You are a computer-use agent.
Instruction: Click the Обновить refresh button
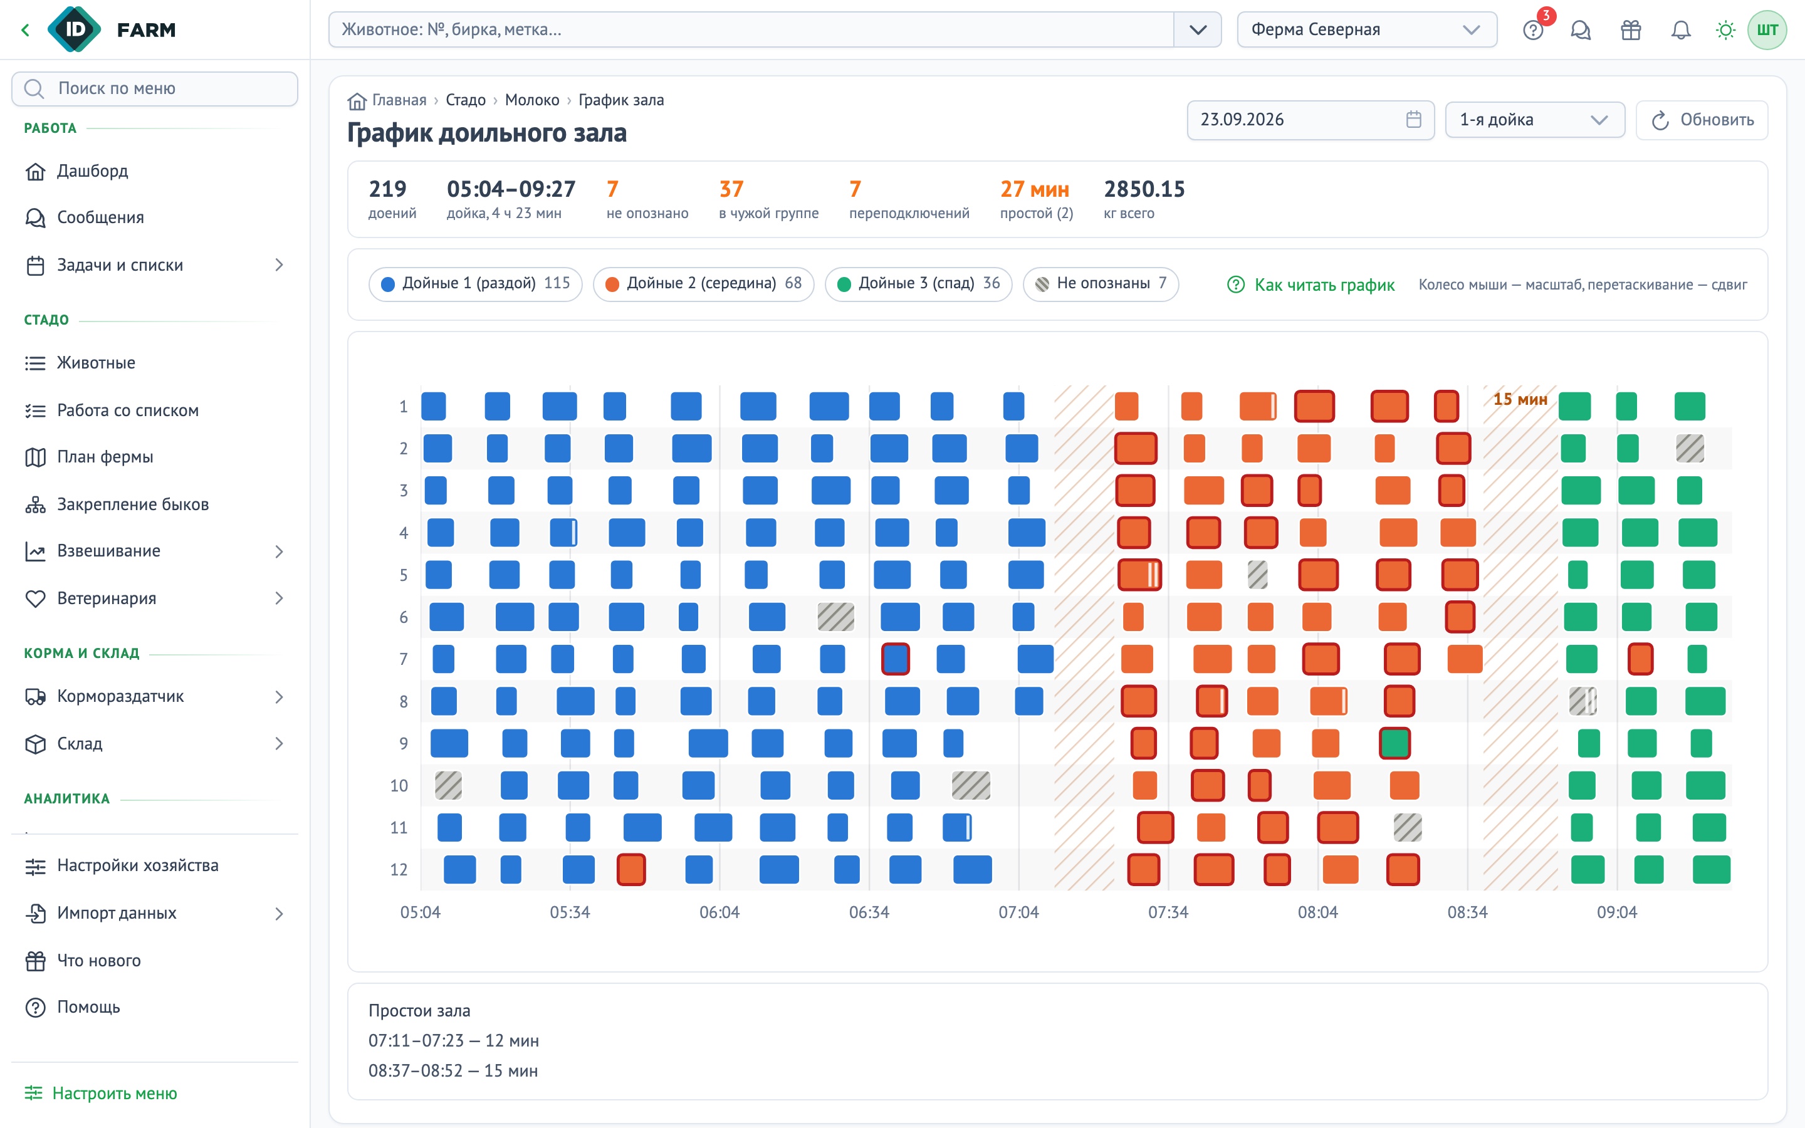point(1702,120)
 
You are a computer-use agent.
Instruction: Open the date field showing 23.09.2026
point(1310,120)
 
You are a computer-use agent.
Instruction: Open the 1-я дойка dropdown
point(1534,120)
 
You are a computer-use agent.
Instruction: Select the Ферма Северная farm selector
point(1366,30)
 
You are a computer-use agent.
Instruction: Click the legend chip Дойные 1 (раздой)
point(475,283)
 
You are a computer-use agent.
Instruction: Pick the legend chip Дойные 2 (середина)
point(703,283)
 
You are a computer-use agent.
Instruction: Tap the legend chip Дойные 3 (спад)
point(918,283)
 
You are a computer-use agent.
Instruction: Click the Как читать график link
point(1311,285)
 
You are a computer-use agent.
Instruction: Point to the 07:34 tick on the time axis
point(1168,912)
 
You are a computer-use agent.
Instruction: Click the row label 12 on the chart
point(399,870)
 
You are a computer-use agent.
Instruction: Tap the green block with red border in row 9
point(1394,744)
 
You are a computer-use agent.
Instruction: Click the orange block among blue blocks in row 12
point(631,870)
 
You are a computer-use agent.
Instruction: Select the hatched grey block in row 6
point(835,617)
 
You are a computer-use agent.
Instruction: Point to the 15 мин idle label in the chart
point(1519,400)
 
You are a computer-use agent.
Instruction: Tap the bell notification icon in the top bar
point(1680,30)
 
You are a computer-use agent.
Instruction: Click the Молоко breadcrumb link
point(532,100)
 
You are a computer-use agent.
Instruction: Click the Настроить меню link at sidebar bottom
point(102,1093)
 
